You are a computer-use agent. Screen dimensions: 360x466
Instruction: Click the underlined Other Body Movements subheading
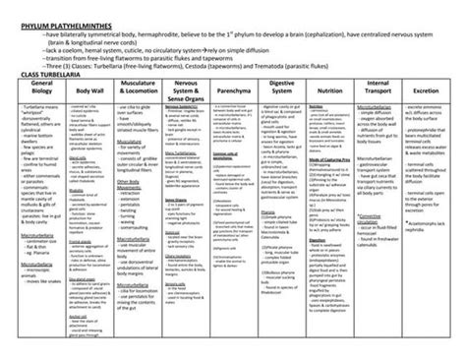pyautogui.click(x=128, y=184)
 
